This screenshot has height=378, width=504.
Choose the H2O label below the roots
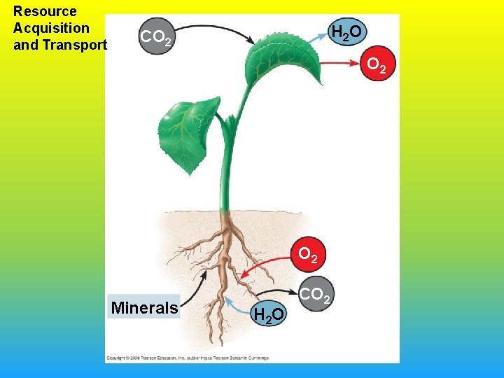click(x=269, y=316)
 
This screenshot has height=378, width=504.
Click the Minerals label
click(x=144, y=308)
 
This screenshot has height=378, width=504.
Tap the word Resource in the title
click(x=45, y=11)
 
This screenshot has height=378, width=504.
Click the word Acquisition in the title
click(x=51, y=28)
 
